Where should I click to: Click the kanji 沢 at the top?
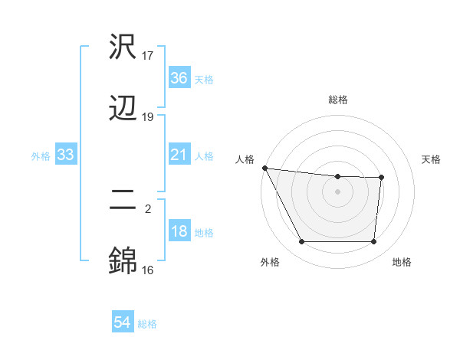(123, 47)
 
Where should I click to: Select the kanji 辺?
(123, 108)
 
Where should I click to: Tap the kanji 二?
(123, 201)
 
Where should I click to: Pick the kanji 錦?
(123, 261)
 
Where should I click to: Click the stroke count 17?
(148, 56)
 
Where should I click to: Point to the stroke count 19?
(148, 117)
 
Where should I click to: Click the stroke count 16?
(148, 270)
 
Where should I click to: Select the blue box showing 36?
(179, 78)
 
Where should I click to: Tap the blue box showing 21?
(179, 155)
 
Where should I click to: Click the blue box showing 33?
(66, 155)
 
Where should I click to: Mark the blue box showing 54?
(123, 323)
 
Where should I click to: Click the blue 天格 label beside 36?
(204, 79)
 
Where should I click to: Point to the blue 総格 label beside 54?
(147, 324)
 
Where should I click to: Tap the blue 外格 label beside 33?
(41, 156)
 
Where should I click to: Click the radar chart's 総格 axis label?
(338, 100)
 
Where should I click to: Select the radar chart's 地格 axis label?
(402, 263)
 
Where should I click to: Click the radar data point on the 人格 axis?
(264, 168)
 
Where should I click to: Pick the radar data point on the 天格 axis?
(381, 178)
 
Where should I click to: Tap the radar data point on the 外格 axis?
(301, 242)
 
